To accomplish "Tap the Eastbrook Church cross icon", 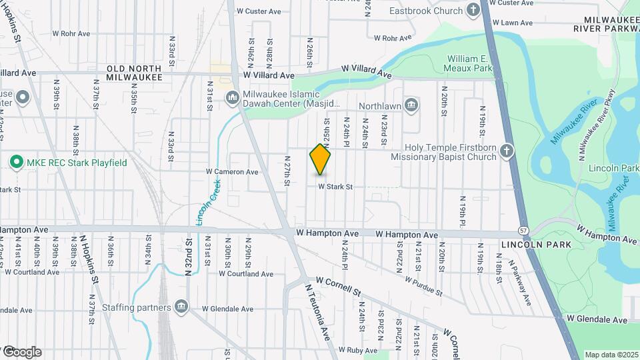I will click(x=473, y=10).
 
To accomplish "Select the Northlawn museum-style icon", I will click(x=411, y=105).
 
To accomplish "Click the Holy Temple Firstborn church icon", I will click(x=507, y=151).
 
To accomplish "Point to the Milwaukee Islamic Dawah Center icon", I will click(x=233, y=98).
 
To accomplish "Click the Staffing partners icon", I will click(x=181, y=307).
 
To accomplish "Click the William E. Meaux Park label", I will click(x=469, y=63).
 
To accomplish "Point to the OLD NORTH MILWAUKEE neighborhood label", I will click(x=134, y=73).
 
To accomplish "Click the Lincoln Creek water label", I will click(x=208, y=201).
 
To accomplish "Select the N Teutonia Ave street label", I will click(x=317, y=311).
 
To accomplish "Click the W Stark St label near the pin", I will click(x=335, y=187).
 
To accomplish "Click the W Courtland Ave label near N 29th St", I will click(x=246, y=274).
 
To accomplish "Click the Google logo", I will click(x=21, y=351).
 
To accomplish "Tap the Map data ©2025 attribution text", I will click(x=611, y=355).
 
